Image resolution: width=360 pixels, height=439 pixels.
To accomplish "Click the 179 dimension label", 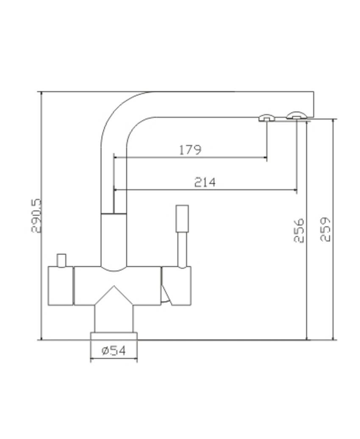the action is click(190, 150).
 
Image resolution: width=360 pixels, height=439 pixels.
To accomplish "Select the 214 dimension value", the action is click(205, 182).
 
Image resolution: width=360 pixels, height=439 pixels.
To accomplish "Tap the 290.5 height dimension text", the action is click(36, 216).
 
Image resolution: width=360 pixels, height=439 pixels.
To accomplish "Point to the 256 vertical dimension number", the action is click(299, 231).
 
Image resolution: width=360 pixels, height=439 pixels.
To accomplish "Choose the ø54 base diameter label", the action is click(114, 350).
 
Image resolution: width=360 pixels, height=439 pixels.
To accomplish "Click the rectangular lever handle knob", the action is click(182, 218).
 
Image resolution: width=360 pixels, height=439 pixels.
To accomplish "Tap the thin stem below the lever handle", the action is click(182, 250).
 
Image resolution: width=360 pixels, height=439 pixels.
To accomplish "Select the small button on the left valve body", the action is click(61, 260).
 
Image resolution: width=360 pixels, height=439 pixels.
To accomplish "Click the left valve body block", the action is click(61, 286).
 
